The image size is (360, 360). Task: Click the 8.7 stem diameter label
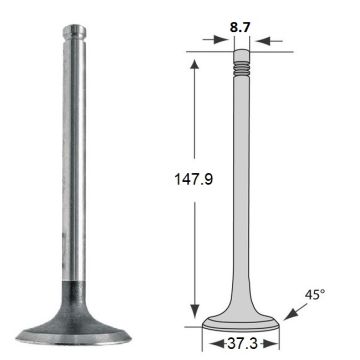coord(240,28)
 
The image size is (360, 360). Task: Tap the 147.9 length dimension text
coord(194,180)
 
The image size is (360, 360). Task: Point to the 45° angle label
coord(315,295)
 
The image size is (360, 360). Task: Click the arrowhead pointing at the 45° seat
coord(290,315)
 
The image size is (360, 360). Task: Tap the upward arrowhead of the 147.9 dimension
coord(194,64)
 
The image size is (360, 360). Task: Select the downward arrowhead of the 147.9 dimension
coord(194,312)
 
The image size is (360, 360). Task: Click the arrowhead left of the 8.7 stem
coord(222,40)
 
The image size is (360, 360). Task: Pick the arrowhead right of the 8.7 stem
coord(262,41)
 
